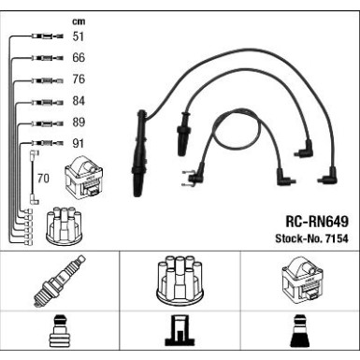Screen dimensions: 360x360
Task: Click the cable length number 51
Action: point(78,36)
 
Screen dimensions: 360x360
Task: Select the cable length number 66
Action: point(79,58)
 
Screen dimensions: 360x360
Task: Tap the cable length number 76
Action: point(79,79)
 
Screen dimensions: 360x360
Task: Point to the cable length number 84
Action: point(79,101)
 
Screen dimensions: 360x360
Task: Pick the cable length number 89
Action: point(79,122)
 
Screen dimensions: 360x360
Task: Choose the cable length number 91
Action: point(78,143)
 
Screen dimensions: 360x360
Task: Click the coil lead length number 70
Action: point(43,179)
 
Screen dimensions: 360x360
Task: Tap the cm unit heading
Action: point(79,22)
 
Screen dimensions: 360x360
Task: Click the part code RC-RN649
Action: point(317,222)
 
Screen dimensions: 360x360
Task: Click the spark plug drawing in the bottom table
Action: point(59,281)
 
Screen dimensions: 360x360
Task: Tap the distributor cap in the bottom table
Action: point(180,281)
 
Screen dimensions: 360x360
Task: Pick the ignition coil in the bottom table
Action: point(302,280)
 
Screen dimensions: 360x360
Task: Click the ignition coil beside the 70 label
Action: point(83,178)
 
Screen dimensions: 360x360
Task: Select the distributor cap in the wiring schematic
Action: point(64,225)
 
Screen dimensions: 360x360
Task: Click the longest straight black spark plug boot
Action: point(139,152)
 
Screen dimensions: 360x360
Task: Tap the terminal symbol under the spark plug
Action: point(60,331)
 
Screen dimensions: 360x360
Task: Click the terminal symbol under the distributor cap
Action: point(180,331)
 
